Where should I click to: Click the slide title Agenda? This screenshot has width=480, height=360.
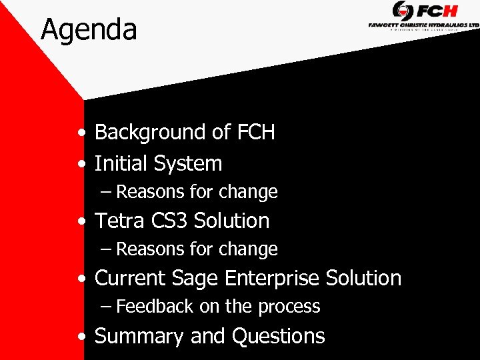[x=89, y=30]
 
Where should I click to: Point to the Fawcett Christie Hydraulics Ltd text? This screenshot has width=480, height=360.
[x=423, y=25]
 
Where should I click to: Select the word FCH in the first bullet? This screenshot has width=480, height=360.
[x=255, y=133]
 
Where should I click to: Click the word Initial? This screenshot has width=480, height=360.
[x=121, y=163]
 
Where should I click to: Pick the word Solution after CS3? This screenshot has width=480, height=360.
[x=231, y=221]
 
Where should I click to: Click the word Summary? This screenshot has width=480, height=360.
[x=139, y=337]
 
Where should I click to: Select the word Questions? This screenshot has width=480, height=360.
[x=278, y=337]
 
